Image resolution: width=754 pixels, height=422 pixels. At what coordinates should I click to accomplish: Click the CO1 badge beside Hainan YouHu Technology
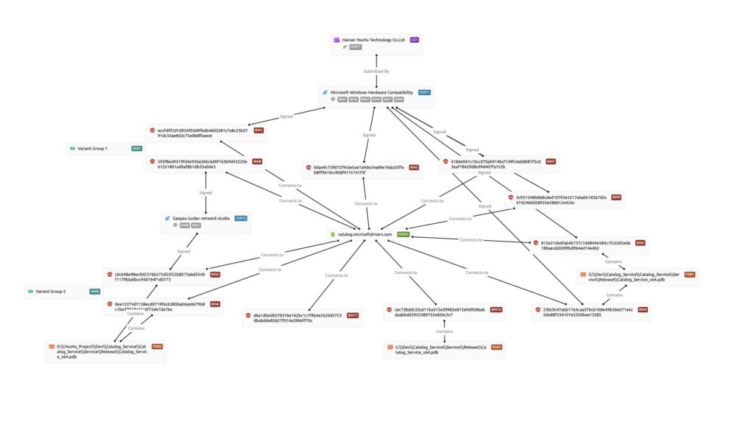415,40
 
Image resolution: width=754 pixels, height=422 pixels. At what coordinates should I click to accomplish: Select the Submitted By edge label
376,71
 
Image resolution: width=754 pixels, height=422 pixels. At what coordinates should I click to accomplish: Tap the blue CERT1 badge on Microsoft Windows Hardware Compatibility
424,92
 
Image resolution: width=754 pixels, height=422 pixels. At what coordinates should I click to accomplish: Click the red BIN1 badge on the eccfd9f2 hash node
258,130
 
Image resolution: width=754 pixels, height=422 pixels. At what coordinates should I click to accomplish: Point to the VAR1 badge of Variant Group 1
136,149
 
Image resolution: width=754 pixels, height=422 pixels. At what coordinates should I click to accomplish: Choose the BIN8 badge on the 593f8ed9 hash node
257,161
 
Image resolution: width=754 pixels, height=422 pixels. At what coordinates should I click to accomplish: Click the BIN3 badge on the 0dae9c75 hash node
414,167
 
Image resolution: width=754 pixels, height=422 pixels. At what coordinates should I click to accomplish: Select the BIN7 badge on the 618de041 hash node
551,161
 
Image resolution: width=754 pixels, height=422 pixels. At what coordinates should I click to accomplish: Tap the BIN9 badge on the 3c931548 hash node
616,197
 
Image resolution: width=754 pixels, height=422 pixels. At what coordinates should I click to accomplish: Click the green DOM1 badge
403,234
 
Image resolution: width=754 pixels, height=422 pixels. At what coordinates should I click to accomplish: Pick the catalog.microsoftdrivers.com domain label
365,234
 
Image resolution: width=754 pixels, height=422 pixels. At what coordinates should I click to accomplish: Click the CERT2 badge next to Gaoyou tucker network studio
241,218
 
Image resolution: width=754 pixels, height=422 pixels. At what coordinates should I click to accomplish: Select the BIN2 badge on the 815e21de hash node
641,242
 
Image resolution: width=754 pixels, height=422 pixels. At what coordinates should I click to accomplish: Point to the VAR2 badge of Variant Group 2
95,292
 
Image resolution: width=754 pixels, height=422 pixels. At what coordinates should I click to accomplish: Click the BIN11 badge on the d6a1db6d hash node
353,315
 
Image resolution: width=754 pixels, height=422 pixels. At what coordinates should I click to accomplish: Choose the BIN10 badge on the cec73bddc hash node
496,309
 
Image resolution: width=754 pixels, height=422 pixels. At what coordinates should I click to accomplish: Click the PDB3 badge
497,347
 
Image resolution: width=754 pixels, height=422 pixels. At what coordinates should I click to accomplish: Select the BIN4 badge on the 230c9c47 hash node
643,309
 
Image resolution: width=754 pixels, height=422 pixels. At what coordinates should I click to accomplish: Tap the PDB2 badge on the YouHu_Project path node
157,346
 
